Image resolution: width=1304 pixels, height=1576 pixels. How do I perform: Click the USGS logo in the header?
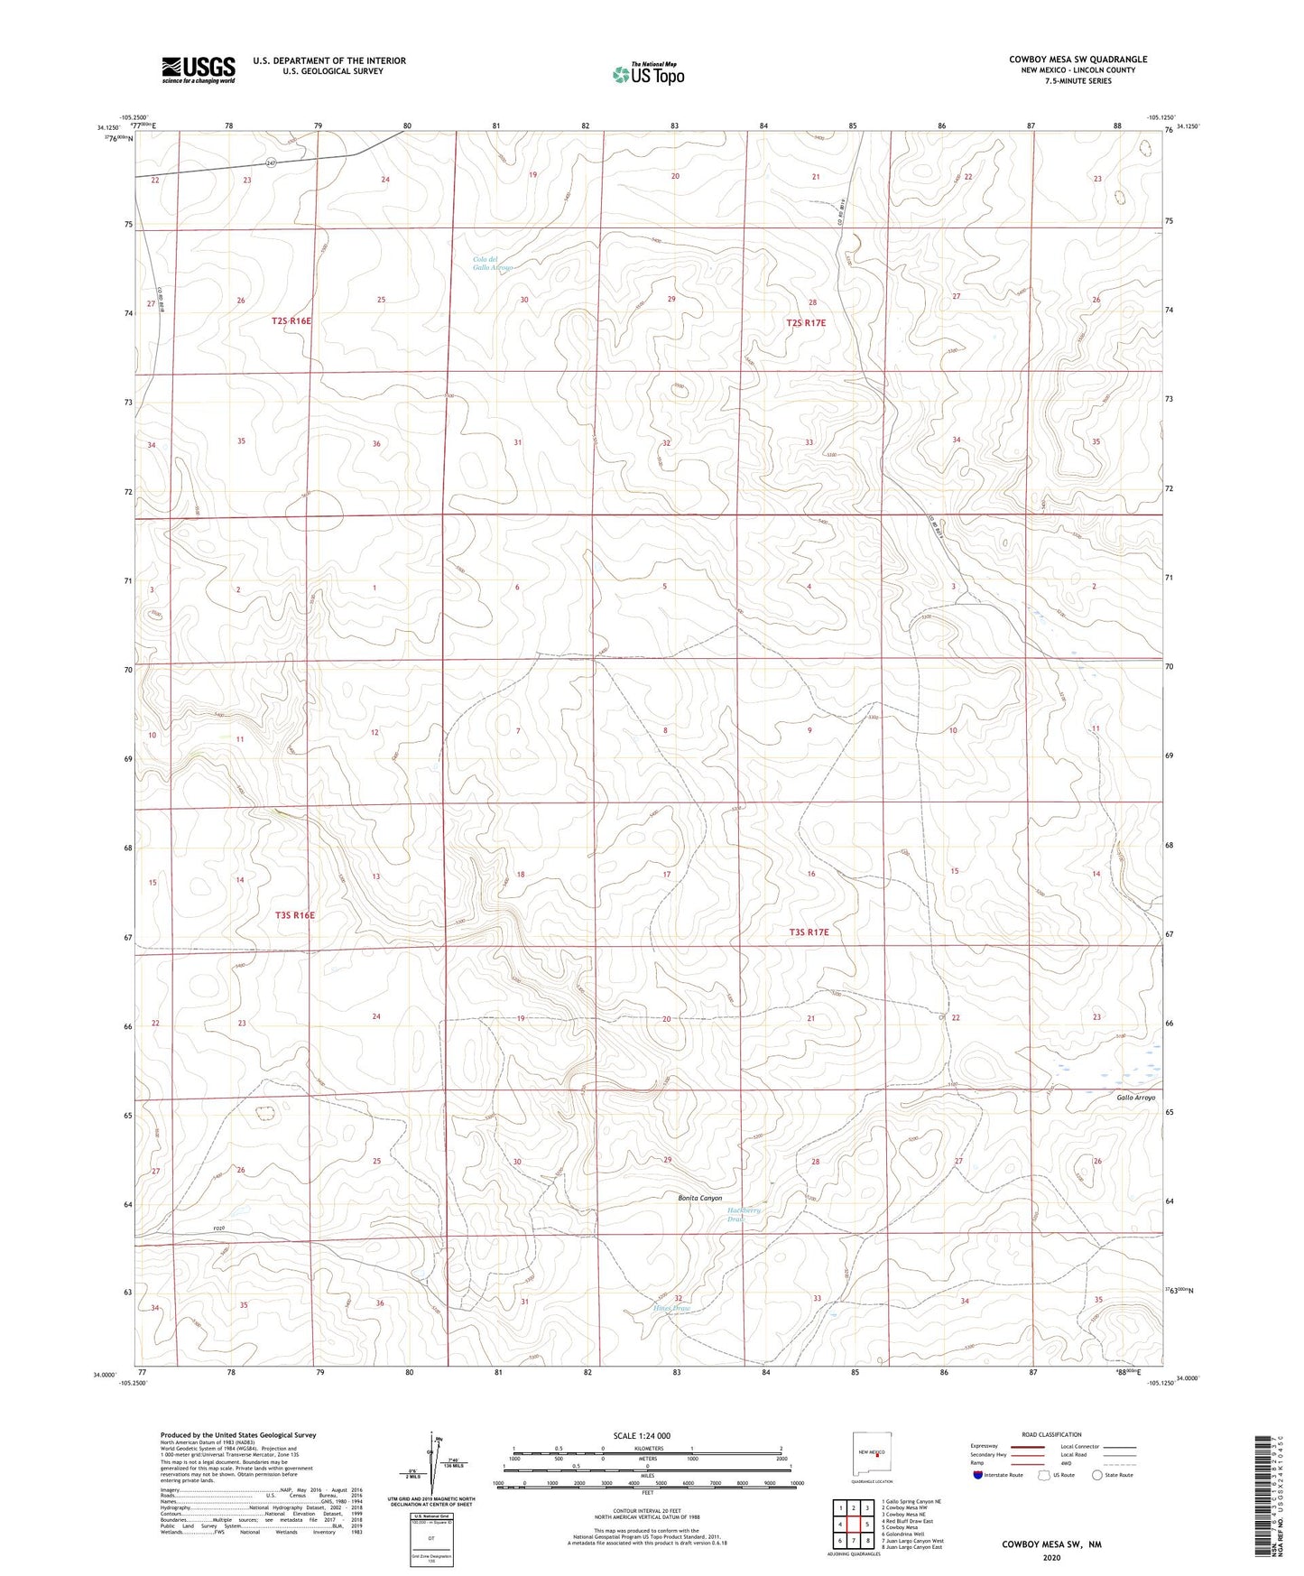(x=199, y=70)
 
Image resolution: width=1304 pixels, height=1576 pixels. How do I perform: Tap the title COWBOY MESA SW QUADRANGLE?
(x=1077, y=60)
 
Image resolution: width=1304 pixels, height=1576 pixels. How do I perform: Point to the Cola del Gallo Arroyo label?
(x=493, y=264)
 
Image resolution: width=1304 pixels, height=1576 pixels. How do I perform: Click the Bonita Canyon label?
(x=699, y=1198)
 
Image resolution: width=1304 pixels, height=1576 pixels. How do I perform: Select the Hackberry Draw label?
(x=744, y=1214)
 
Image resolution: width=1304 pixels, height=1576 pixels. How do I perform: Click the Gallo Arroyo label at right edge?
(x=1135, y=1097)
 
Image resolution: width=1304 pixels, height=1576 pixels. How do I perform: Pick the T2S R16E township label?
(x=291, y=320)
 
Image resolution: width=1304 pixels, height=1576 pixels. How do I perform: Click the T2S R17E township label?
(x=805, y=322)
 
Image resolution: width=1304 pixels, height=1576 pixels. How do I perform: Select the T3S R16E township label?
(x=294, y=915)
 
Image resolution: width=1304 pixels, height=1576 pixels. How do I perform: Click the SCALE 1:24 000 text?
(x=642, y=1435)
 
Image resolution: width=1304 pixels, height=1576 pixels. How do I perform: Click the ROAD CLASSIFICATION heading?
(x=1051, y=1434)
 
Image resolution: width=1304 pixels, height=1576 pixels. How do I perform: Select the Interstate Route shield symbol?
(x=978, y=1475)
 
